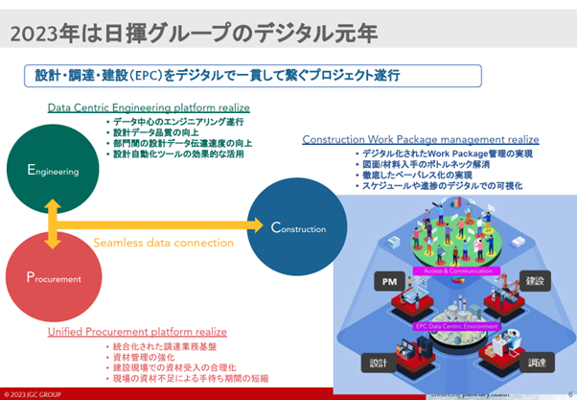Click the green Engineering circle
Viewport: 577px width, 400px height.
45,169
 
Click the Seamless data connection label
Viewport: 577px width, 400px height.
163,243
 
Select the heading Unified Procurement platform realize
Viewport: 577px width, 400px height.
137,331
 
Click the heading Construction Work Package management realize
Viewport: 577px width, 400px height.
420,139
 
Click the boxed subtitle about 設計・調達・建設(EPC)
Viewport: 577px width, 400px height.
211,75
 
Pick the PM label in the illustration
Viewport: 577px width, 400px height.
389,282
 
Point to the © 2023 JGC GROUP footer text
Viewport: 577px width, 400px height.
35,393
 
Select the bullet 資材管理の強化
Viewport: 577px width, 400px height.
144,355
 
